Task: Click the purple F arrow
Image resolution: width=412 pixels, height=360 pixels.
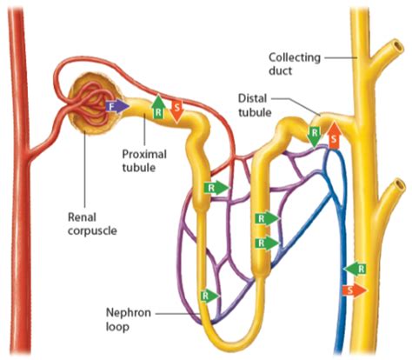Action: pyautogui.click(x=117, y=107)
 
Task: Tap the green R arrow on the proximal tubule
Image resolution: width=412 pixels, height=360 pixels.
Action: pyautogui.click(x=158, y=107)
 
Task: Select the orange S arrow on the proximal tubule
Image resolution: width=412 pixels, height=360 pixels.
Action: pyautogui.click(x=176, y=111)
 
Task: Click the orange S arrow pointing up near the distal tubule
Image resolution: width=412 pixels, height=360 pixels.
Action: pyautogui.click(x=334, y=136)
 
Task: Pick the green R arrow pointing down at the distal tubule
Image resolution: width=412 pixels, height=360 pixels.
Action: pyautogui.click(x=315, y=137)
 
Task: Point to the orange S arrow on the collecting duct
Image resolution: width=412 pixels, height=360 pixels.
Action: pyautogui.click(x=355, y=290)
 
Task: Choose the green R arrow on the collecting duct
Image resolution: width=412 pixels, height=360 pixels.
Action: pyautogui.click(x=355, y=269)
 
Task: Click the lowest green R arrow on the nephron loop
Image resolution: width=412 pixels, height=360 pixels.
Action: pyautogui.click(x=210, y=297)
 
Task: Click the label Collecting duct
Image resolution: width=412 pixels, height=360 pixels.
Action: pyautogui.click(x=295, y=64)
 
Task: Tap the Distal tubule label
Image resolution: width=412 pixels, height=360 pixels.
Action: pyautogui.click(x=255, y=105)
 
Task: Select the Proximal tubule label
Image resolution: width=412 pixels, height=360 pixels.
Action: pyautogui.click(x=144, y=161)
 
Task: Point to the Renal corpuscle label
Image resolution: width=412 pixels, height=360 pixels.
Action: pyautogui.click(x=92, y=223)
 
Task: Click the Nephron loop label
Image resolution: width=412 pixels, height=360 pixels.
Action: pyautogui.click(x=129, y=320)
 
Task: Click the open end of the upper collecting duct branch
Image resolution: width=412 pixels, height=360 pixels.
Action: pyautogui.click(x=398, y=46)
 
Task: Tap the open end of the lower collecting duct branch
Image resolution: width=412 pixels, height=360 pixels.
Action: pyautogui.click(x=400, y=184)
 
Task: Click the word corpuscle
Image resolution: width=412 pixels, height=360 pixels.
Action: pyautogui.click(x=92, y=230)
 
